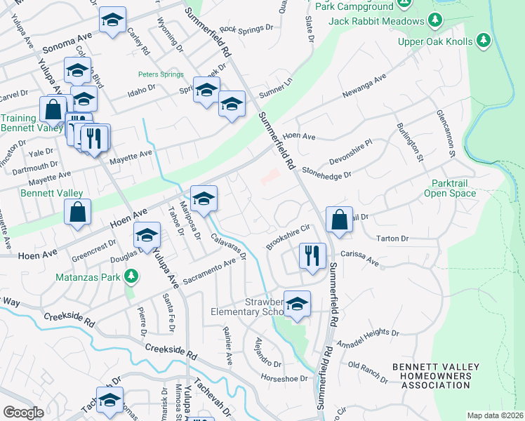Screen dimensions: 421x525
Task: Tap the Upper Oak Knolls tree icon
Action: tap(484, 41)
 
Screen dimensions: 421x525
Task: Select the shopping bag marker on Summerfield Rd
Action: tap(339, 219)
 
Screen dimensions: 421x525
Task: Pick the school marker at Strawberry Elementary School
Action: tap(297, 303)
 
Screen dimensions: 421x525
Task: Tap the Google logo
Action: tap(23, 413)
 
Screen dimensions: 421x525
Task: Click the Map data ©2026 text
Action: tap(495, 415)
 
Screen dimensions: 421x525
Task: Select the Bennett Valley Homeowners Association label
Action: tap(436, 375)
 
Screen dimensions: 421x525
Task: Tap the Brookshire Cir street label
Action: tap(288, 236)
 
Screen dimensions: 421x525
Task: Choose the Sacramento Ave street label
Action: tap(208, 272)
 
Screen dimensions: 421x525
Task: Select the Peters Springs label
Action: tap(161, 74)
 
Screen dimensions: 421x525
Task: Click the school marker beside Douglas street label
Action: tap(147, 236)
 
